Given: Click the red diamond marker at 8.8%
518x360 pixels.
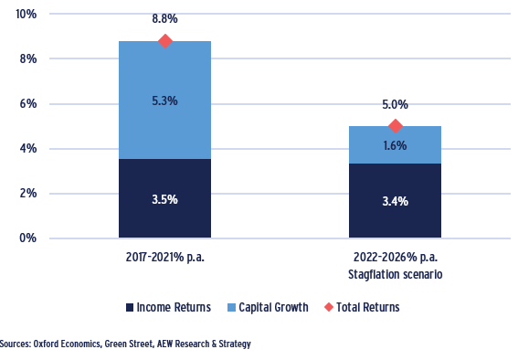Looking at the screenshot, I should point(165,41).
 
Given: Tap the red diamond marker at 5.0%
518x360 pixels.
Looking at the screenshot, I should point(396,126).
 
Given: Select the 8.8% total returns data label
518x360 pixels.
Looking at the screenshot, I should point(165,18).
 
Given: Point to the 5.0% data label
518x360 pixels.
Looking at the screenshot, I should point(396,105).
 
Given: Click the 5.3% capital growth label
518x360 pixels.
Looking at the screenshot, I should point(165,101).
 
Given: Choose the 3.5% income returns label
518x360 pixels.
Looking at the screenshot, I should point(165,199).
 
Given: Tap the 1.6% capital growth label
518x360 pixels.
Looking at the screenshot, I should point(396,145).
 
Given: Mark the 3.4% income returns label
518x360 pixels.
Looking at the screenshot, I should point(396,201).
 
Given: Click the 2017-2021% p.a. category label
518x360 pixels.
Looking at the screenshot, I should point(165,257).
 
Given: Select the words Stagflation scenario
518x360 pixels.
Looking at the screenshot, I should point(396,272).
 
